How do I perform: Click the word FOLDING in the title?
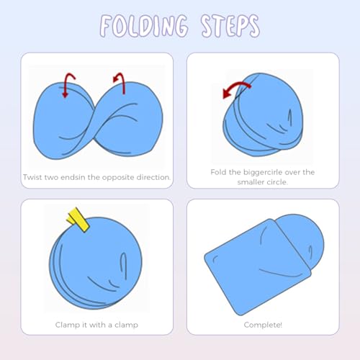[x=143, y=26]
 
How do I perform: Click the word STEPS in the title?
[x=230, y=26]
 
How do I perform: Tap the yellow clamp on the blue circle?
[x=78, y=220]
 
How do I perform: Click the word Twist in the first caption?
[x=32, y=177]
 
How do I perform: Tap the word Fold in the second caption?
[x=218, y=172]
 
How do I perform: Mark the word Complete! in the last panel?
[x=263, y=325]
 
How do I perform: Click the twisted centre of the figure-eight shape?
[x=94, y=125]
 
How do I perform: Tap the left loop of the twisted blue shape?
[x=63, y=120]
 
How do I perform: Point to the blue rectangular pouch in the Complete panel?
[x=258, y=266]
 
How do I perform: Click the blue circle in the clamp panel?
[x=96, y=264]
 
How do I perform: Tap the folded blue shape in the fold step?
[x=263, y=114]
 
